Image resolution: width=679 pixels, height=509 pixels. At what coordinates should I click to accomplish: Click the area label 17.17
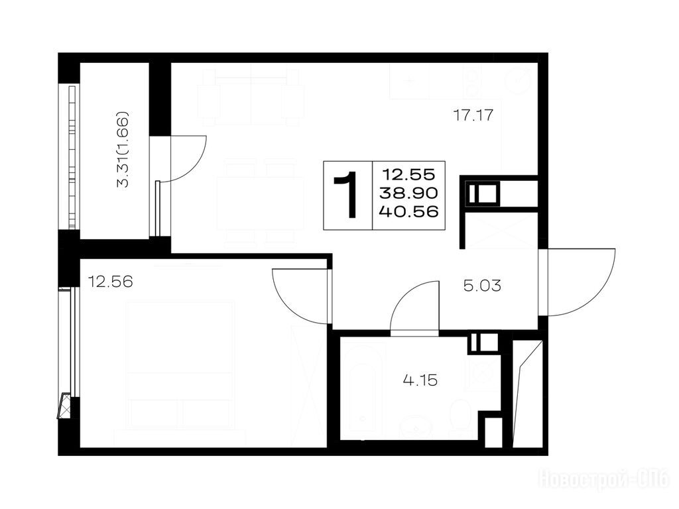tap(473, 115)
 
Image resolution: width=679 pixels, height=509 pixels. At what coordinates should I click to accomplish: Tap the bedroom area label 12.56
tap(110, 282)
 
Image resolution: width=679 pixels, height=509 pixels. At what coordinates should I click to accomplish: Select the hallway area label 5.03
tap(482, 286)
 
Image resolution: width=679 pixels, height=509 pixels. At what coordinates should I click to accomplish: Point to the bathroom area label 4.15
tap(420, 380)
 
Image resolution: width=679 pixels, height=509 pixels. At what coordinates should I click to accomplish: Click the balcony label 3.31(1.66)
tap(123, 149)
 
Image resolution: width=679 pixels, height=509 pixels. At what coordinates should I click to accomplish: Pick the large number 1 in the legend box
tap(347, 195)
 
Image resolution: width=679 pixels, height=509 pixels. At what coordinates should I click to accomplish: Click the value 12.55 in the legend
tap(408, 174)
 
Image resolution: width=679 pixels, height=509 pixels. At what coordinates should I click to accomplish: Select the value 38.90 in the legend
tap(408, 193)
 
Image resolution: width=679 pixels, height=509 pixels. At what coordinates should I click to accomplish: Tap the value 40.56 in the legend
tap(408, 211)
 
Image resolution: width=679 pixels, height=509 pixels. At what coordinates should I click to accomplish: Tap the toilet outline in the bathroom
tap(459, 417)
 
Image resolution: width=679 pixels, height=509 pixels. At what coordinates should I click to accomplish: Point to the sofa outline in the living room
tap(251, 97)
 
